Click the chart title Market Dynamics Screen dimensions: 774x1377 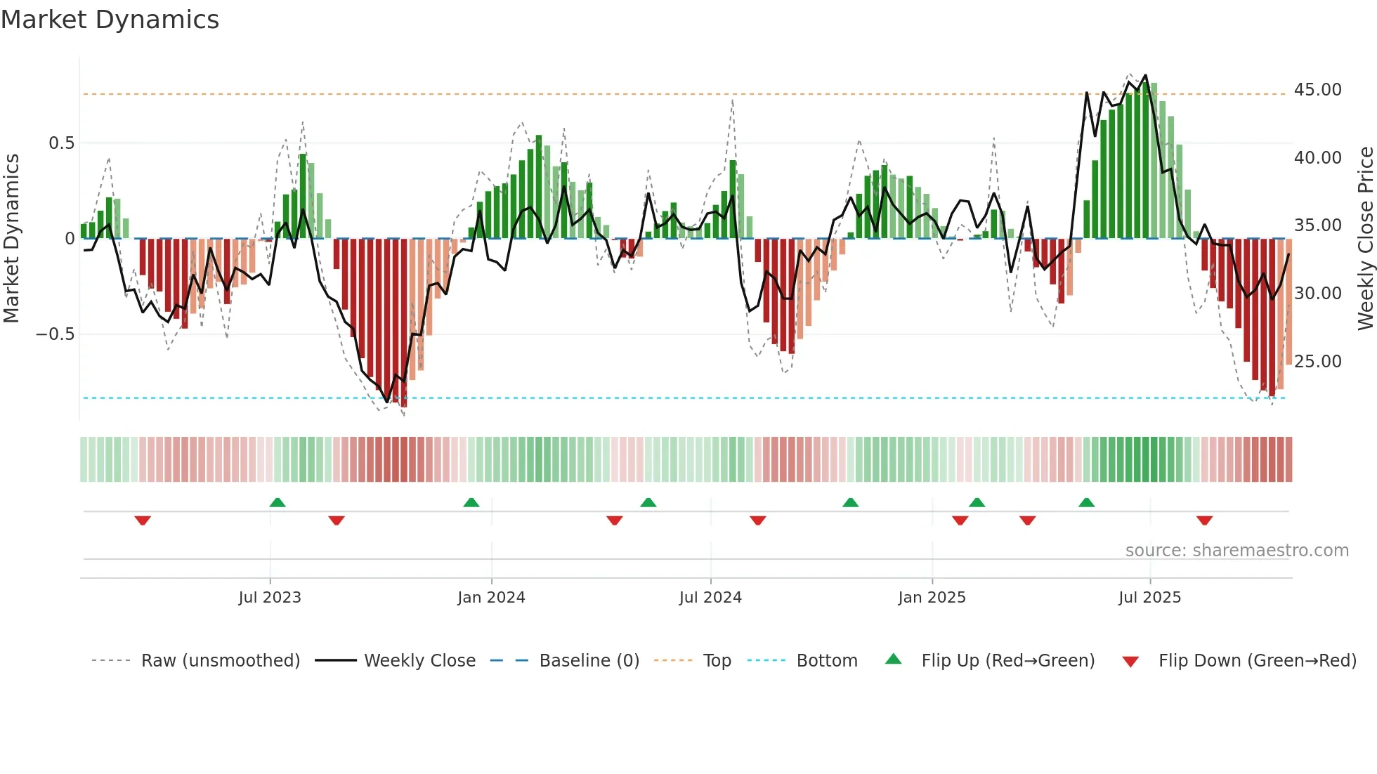(110, 20)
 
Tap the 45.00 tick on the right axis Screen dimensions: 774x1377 (1317, 90)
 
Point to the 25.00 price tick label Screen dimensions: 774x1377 (1317, 361)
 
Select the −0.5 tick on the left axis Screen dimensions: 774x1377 (55, 334)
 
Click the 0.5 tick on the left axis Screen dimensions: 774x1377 (61, 143)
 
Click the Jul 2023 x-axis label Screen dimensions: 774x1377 (270, 598)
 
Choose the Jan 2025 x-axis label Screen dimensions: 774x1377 (932, 598)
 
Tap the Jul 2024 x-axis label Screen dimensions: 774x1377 (710, 598)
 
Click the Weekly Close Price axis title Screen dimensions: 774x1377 (1365, 239)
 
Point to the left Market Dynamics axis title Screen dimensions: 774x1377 (11, 239)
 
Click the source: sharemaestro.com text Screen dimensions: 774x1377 (1236, 551)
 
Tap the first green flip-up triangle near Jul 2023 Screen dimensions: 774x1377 (278, 503)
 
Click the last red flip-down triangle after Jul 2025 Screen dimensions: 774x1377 (1204, 520)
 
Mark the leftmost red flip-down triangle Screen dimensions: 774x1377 (143, 520)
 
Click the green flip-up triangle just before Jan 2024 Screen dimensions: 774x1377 (471, 503)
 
